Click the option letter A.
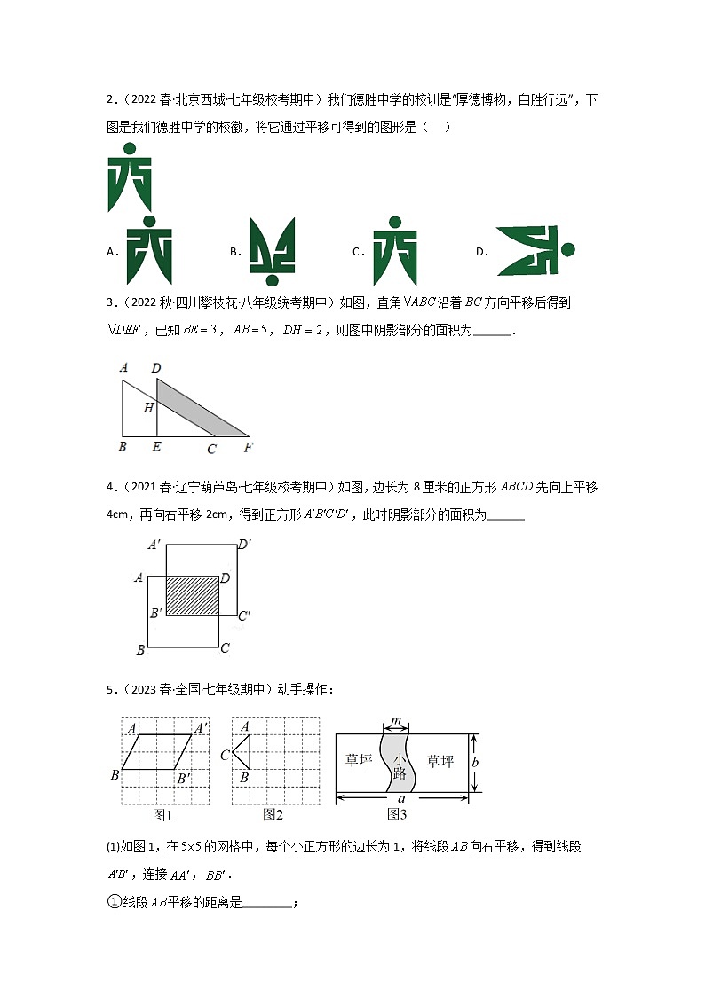tap(112, 252)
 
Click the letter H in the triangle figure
tap(148, 408)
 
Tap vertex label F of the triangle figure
tap(248, 447)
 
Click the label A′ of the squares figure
tap(154, 545)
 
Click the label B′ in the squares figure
tap(155, 613)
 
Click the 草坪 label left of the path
tap(358, 761)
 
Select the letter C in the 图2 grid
tap(226, 755)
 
